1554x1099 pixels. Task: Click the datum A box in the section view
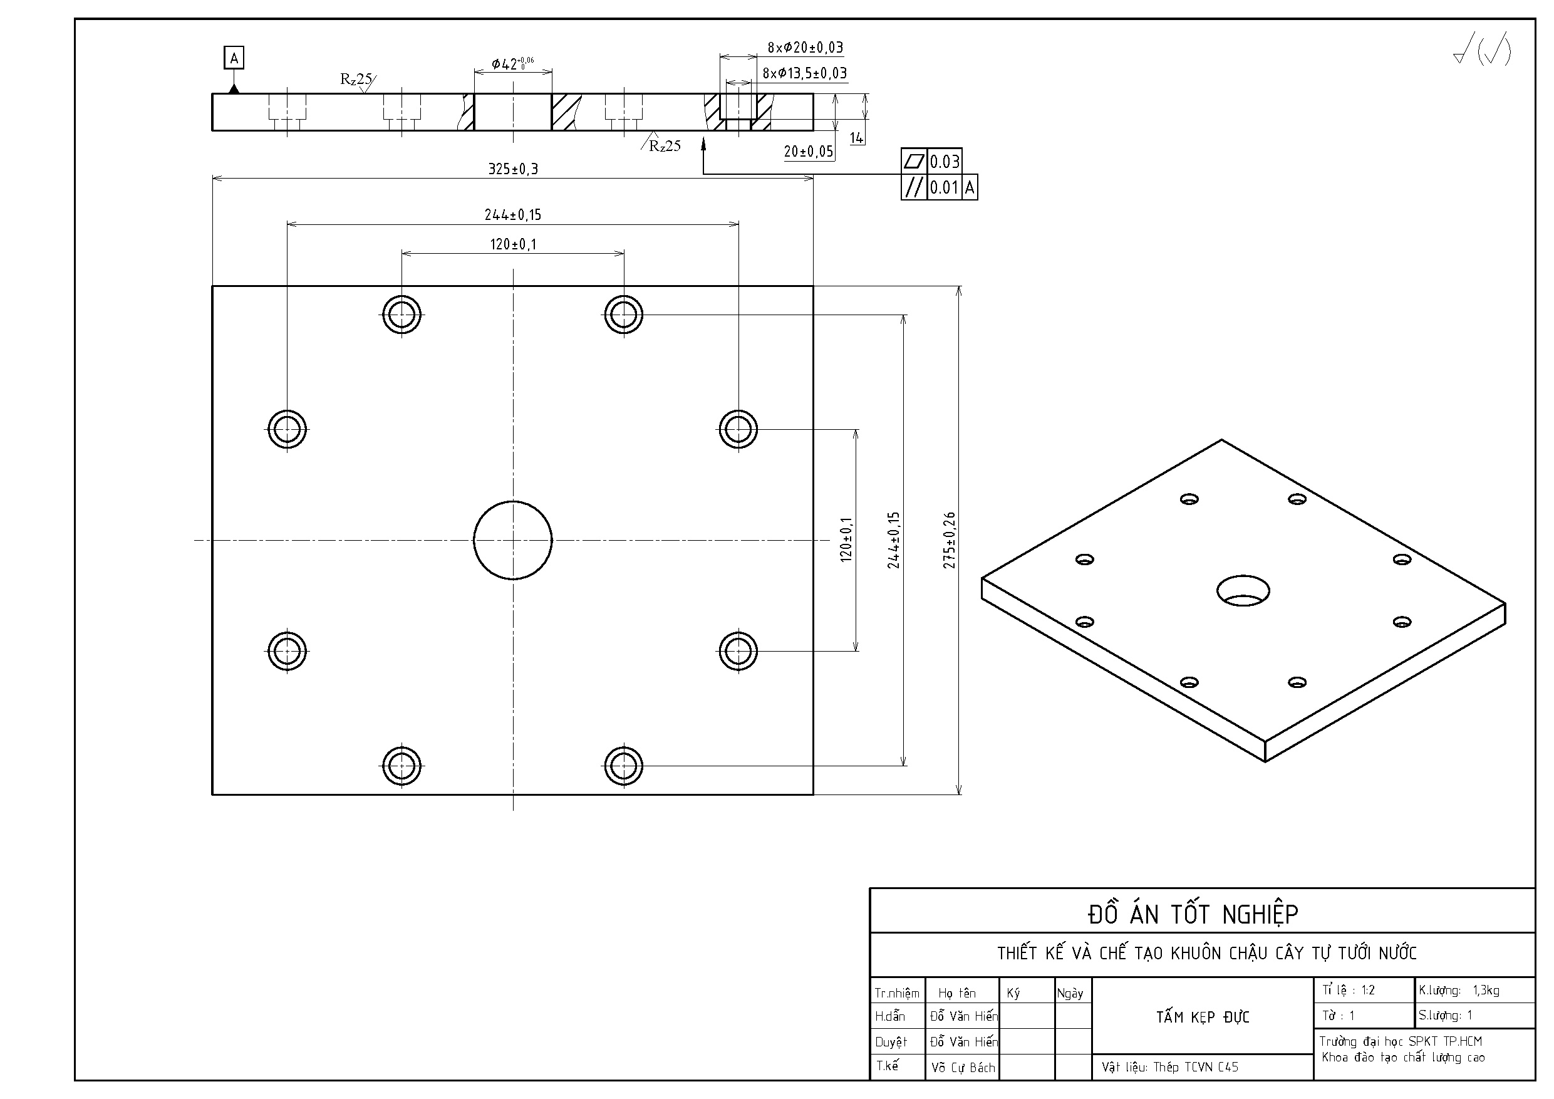click(x=234, y=58)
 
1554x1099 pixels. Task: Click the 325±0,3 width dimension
click(x=513, y=169)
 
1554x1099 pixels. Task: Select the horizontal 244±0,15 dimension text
click(x=513, y=215)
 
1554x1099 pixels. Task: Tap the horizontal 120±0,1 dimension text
click(x=513, y=244)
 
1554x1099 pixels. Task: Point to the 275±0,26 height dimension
click(x=950, y=539)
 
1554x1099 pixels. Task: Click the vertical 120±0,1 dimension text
click(x=846, y=539)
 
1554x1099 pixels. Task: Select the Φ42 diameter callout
click(x=512, y=65)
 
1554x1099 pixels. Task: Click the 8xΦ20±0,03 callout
click(x=805, y=48)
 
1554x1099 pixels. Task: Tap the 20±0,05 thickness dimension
click(x=808, y=152)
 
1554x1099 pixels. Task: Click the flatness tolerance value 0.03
click(x=944, y=162)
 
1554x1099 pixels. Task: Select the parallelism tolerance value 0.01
click(x=944, y=187)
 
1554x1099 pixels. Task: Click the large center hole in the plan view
click(x=513, y=539)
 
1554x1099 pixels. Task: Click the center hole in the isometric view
click(x=1243, y=590)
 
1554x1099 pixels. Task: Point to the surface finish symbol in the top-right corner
click(x=1481, y=50)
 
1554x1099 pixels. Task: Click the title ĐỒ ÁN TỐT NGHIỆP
click(x=1193, y=914)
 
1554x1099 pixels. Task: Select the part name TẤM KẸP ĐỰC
click(x=1202, y=1016)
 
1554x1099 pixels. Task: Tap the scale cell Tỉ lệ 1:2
click(x=1349, y=990)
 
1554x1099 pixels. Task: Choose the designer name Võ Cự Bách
click(x=963, y=1068)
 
